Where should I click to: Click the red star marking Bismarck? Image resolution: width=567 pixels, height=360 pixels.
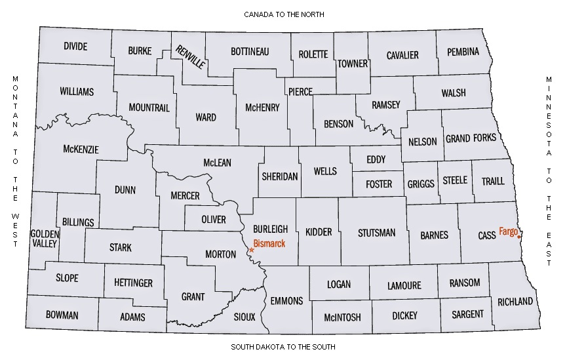(252, 250)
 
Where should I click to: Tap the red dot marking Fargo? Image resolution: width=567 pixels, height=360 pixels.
(519, 237)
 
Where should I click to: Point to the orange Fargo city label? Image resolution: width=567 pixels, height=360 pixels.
(508, 231)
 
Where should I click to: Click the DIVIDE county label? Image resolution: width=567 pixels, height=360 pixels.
(75, 47)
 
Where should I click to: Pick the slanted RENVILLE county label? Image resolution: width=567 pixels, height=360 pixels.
(191, 57)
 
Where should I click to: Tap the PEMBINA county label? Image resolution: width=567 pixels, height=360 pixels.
(463, 51)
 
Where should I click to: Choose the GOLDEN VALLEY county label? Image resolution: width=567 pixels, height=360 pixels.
(45, 238)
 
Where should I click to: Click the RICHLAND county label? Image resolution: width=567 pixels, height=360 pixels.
(515, 302)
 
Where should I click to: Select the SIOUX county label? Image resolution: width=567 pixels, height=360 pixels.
(244, 317)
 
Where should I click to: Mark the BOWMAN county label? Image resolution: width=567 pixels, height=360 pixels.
(62, 315)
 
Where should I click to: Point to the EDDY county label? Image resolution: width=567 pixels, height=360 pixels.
(376, 159)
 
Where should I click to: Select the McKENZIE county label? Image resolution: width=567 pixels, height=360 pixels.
(81, 150)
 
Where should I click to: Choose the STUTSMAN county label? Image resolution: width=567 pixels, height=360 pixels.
(377, 232)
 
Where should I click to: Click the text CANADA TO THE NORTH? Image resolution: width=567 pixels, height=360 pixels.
(283, 14)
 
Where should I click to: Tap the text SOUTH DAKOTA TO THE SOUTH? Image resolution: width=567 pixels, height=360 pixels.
(283, 346)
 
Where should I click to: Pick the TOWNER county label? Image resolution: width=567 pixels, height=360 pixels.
(353, 64)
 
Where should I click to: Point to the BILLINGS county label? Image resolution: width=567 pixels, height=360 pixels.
(79, 222)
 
